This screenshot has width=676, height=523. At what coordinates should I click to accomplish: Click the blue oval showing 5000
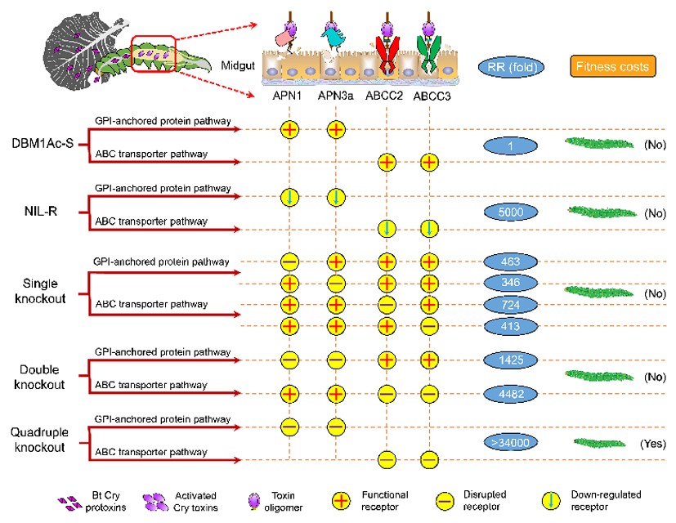(511, 212)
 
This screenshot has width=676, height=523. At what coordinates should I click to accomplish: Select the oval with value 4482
(511, 394)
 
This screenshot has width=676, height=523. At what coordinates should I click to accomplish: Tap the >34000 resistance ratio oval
(511, 442)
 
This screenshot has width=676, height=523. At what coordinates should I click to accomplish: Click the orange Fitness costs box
(612, 66)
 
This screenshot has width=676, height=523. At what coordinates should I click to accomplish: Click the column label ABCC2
(385, 96)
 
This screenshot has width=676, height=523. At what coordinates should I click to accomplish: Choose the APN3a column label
(336, 96)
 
